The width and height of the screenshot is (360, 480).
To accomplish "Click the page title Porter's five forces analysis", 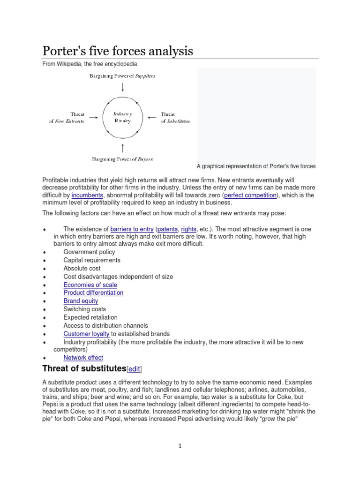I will [x=118, y=51].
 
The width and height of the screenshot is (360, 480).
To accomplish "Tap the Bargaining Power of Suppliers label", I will [x=123, y=75].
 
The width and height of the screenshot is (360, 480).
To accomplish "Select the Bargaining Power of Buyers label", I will [x=123, y=159].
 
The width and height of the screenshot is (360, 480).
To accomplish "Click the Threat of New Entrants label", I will [x=67, y=117].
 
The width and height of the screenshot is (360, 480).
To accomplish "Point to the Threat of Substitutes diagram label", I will [x=175, y=117].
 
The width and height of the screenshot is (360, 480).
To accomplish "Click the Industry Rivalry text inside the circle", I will [x=123, y=117].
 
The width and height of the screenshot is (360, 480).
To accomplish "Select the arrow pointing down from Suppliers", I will [x=123, y=87].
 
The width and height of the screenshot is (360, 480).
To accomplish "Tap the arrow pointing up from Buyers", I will [x=123, y=148].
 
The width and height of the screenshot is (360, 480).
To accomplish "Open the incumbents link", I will [x=88, y=195].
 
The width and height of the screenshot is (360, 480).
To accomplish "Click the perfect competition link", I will [x=250, y=195].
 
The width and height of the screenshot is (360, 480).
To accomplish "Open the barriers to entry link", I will [x=132, y=229].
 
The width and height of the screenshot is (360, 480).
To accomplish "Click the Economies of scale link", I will [x=90, y=285].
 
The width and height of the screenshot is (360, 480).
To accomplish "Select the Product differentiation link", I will [x=93, y=292].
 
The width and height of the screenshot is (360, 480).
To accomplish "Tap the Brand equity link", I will [x=81, y=301].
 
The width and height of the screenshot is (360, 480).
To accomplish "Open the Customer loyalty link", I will [x=86, y=334].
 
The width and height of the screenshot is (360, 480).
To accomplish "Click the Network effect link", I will [x=83, y=358].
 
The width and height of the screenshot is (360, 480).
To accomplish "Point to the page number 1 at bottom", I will [x=180, y=446].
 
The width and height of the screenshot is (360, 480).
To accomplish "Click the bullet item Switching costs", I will [x=84, y=309].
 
